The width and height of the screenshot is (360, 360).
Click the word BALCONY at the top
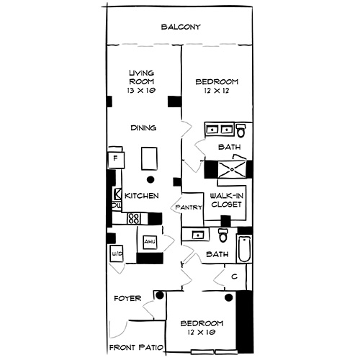coord(180,27)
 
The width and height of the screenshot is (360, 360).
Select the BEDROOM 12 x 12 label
coord(217,87)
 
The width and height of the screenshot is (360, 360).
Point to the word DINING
coord(144,128)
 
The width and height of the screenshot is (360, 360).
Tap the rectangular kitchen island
coord(150,156)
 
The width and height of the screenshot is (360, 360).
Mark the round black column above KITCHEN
coord(150,179)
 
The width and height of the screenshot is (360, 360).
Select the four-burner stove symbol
coord(135,217)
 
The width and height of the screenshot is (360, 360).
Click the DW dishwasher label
coord(115,206)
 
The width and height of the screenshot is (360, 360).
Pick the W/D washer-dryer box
coord(116,253)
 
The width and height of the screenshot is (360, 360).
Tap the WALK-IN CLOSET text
coord(225,200)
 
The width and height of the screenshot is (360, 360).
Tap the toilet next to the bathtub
coord(224,236)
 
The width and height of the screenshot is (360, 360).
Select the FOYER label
coord(128,297)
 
